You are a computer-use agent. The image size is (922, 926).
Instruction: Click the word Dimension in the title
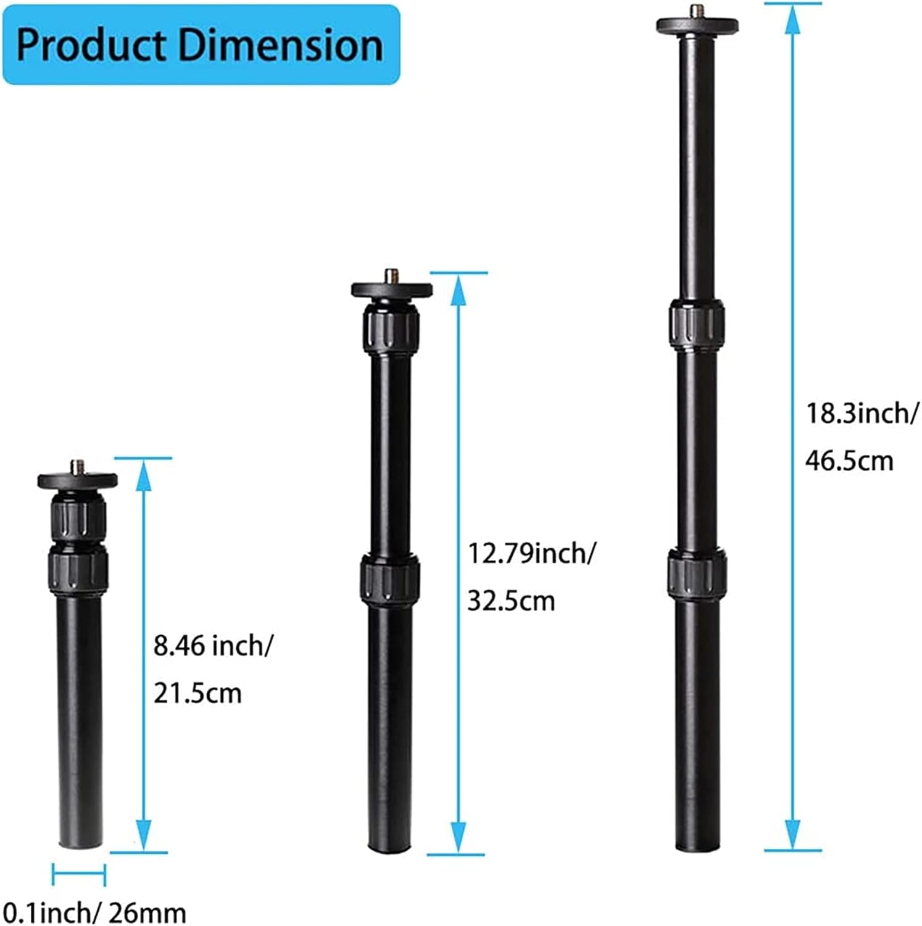(281, 45)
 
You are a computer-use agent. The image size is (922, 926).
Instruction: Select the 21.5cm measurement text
(197, 693)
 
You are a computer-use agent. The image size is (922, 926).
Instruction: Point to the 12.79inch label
(531, 553)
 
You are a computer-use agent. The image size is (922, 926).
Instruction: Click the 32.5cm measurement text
(511, 600)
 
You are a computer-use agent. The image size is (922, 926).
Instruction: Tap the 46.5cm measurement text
(849, 461)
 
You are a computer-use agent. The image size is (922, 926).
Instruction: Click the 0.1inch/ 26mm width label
(94, 912)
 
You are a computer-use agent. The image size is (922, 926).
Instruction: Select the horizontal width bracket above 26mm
(79, 874)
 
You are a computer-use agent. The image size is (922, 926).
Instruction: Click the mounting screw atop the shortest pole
(78, 466)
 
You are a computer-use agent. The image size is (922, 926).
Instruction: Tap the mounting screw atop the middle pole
(391, 275)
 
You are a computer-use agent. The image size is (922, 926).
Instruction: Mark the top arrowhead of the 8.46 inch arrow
(143, 476)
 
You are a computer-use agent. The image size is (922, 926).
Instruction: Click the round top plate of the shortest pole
(78, 480)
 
